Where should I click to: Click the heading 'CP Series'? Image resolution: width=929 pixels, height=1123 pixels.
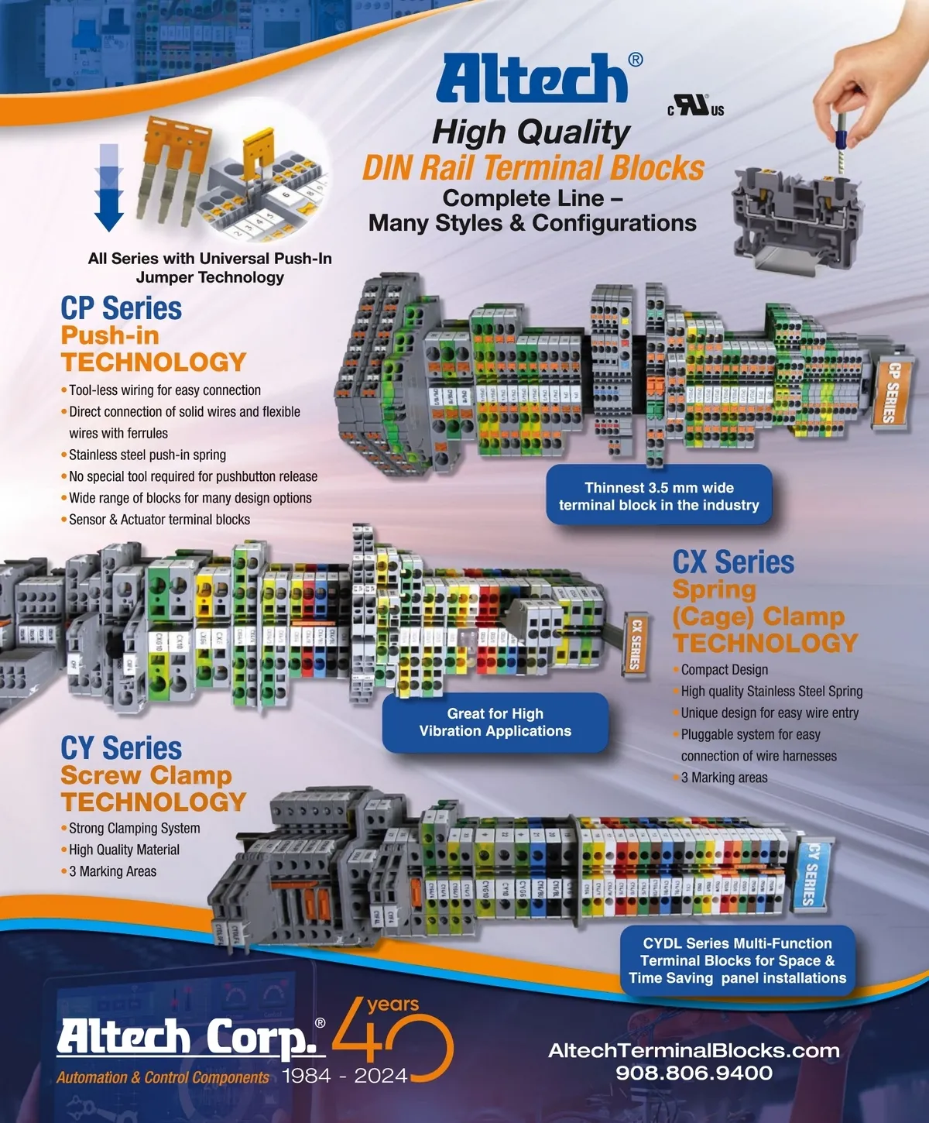coord(122,308)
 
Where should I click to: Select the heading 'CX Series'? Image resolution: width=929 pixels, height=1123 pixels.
coord(733,562)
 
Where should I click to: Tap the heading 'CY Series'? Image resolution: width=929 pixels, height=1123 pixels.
coord(122,748)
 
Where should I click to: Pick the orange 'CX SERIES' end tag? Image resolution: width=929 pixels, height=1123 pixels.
coord(635,644)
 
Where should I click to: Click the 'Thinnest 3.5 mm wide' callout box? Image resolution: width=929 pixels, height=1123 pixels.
coord(659,496)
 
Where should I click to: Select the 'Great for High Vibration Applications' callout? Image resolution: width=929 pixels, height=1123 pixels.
coord(495,722)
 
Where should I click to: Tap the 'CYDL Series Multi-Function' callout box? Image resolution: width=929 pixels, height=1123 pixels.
coord(737,960)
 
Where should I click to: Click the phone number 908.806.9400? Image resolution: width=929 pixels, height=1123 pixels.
coord(694,1073)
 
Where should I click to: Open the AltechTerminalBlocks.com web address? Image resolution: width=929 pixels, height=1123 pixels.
coord(694,1051)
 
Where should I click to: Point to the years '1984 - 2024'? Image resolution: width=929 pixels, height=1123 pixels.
coord(345,1076)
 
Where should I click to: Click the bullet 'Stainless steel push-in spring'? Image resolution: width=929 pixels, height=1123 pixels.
coord(147,455)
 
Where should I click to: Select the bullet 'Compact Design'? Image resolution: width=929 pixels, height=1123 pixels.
coord(725,670)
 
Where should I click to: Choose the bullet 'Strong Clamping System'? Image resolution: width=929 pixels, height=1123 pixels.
coord(135,828)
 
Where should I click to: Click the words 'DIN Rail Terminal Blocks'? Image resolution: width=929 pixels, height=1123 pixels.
coord(533,168)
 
